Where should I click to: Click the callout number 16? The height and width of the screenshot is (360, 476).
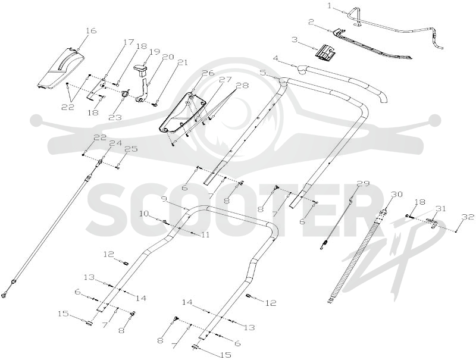click(91, 31)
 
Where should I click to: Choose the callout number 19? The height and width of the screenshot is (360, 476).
click(154, 52)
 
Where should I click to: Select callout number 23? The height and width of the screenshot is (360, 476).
click(115, 117)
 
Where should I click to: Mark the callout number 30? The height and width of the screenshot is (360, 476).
click(396, 194)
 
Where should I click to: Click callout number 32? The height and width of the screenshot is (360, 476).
click(468, 217)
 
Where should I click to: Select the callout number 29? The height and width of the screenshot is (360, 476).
click(363, 183)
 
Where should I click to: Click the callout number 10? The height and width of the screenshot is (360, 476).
click(144, 214)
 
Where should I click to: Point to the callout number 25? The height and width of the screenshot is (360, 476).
click(131, 149)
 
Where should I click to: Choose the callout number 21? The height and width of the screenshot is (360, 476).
click(183, 63)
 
